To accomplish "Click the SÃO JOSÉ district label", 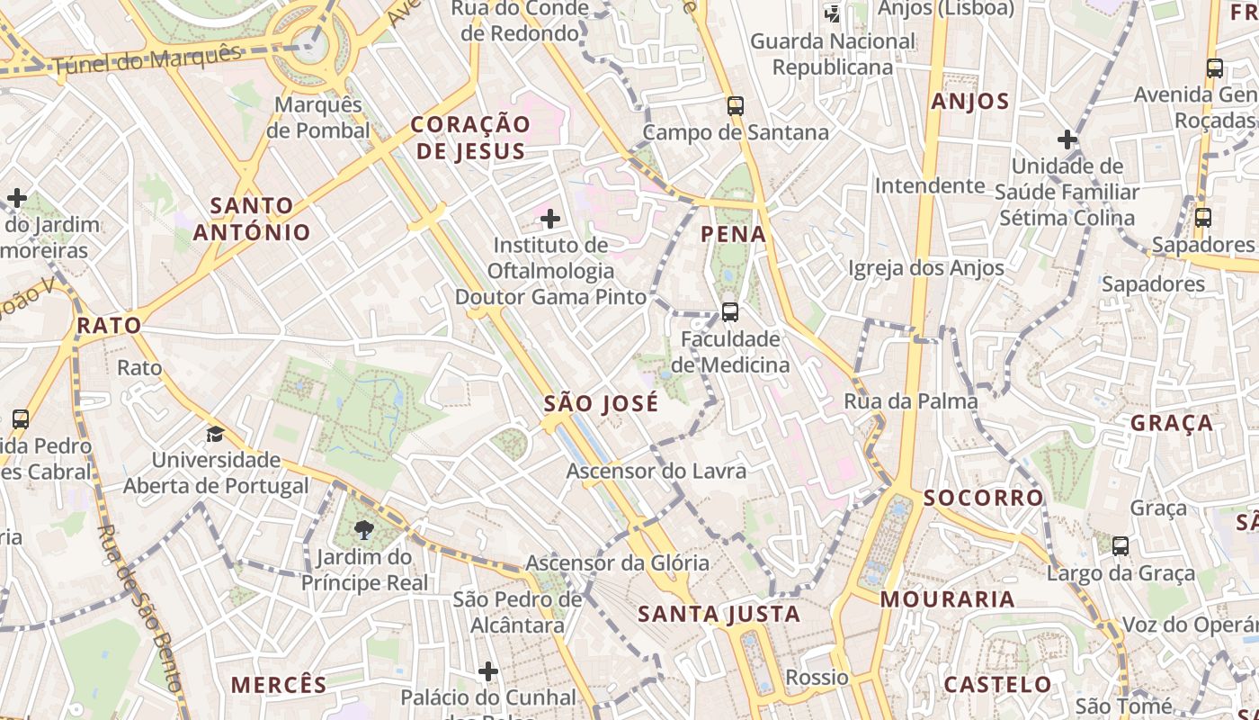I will (x=601, y=404).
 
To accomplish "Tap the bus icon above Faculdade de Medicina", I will (x=730, y=312).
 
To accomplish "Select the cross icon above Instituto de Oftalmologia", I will (x=550, y=219).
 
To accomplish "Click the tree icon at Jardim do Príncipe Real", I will (x=364, y=530).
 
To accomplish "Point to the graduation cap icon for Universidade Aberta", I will (x=215, y=435).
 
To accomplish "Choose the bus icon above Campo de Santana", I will (x=736, y=106).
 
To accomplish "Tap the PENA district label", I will (x=734, y=235).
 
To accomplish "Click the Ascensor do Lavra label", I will (x=656, y=471).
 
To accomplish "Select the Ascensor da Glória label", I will (x=617, y=563).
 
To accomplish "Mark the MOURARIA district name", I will (x=947, y=599).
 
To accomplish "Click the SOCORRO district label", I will (x=983, y=498).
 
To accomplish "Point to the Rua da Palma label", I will (x=910, y=401).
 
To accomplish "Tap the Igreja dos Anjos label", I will (x=926, y=268).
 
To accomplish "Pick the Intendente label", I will (x=930, y=185).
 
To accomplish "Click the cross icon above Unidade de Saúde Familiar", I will (x=1067, y=139).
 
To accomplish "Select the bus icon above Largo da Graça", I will (x=1121, y=545).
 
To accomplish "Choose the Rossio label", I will (x=817, y=677).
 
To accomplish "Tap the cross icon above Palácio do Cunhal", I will (x=488, y=671).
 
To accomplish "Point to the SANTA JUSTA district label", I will (x=719, y=615).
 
